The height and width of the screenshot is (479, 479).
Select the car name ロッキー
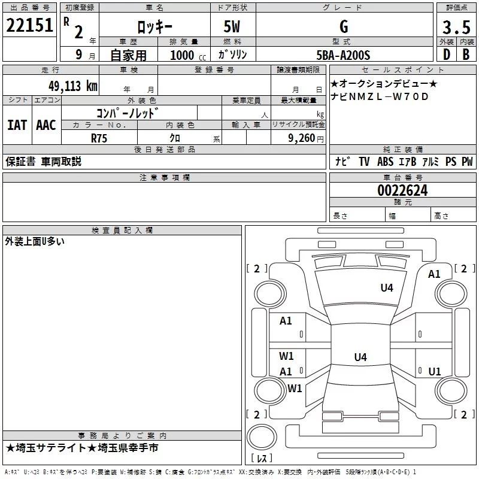tap(154, 26)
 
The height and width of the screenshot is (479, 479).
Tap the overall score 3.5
tap(456, 28)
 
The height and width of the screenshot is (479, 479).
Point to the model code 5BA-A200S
tap(343, 56)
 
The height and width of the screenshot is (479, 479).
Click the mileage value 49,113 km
tap(72, 86)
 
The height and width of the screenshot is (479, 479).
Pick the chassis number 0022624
tap(402, 191)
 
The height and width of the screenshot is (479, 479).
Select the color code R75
tap(99, 138)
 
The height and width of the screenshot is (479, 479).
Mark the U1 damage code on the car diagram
tap(435, 371)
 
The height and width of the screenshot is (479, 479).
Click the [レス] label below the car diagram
tap(262, 459)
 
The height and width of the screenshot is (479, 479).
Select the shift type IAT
tap(17, 125)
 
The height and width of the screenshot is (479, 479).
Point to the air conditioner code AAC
tap(46, 125)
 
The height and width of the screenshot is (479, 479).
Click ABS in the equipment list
tap(385, 162)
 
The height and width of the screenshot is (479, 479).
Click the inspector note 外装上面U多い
tap(35, 241)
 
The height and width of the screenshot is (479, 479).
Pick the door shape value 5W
tap(232, 26)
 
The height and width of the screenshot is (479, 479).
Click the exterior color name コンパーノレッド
tap(128, 112)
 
